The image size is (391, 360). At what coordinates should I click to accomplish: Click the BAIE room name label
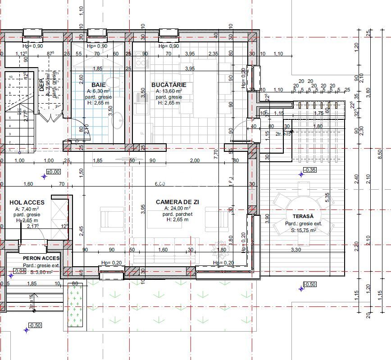click(x=99, y=85)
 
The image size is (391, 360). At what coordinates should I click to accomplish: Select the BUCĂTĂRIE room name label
click(x=168, y=85)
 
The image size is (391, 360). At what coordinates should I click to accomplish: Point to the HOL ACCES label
click(x=27, y=202)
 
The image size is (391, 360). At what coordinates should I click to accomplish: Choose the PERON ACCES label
click(x=41, y=258)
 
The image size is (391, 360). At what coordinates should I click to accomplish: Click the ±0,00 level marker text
click(x=54, y=172)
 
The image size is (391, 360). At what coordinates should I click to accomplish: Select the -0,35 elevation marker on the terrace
click(x=309, y=170)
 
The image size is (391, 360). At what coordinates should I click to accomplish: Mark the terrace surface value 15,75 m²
click(x=305, y=230)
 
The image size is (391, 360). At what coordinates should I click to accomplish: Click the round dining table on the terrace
click(x=303, y=210)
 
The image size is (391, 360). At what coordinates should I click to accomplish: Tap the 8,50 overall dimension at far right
click(x=380, y=154)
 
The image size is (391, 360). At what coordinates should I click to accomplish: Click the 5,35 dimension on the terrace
click(x=327, y=197)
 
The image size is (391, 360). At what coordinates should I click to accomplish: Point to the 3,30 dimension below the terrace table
click(x=296, y=249)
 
